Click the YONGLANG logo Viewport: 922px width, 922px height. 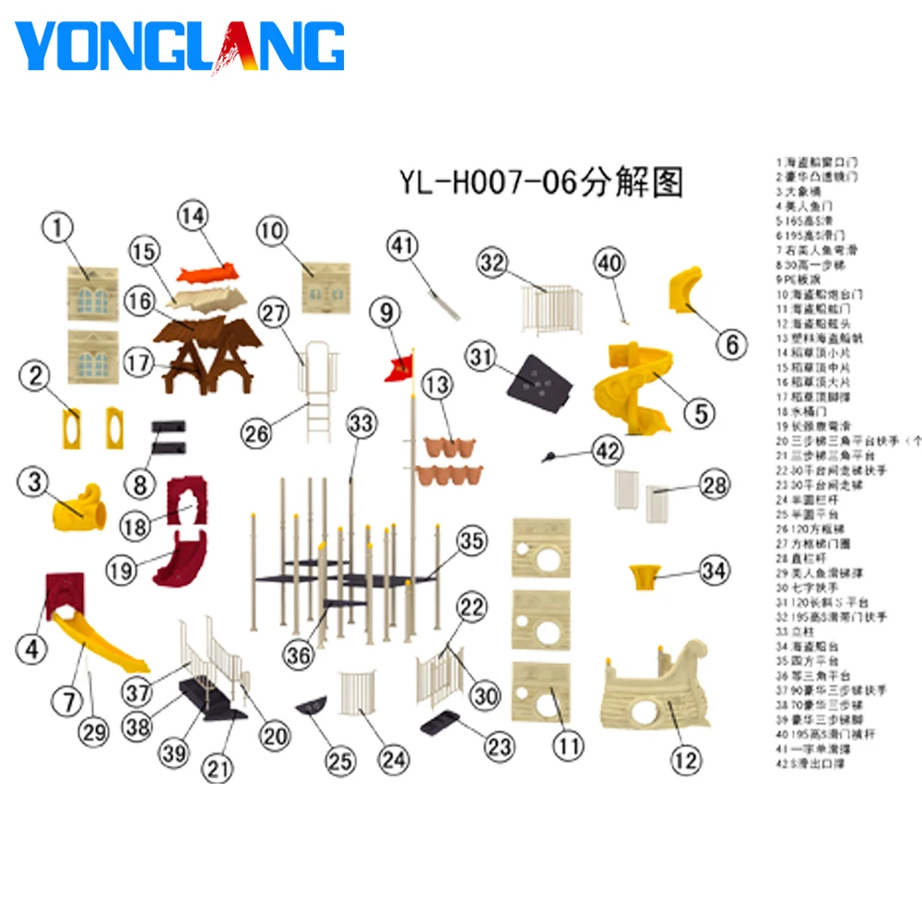click(x=180, y=46)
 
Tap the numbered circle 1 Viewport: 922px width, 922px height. click(x=59, y=228)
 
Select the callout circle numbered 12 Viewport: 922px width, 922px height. click(x=685, y=761)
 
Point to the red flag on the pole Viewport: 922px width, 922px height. click(x=399, y=367)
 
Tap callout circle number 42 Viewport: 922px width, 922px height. click(x=606, y=451)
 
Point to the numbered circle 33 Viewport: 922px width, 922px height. click(x=362, y=424)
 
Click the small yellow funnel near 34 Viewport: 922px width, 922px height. click(x=643, y=578)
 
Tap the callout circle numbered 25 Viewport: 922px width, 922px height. click(x=340, y=761)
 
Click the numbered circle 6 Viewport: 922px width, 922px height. click(x=731, y=345)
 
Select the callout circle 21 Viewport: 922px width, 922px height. click(x=219, y=767)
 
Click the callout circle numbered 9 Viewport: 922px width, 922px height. click(x=386, y=313)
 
